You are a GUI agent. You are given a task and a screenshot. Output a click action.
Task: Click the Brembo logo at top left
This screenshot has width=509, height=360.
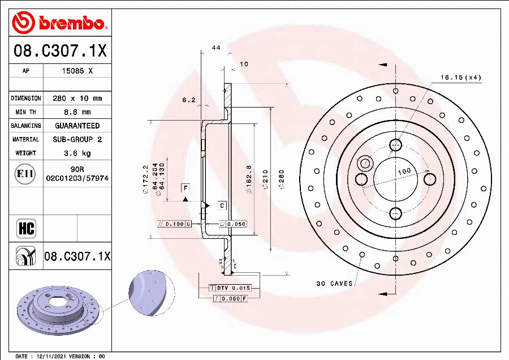[x=59, y=23]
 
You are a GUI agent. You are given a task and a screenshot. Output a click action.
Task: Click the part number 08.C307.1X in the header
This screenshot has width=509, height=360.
[x=60, y=52]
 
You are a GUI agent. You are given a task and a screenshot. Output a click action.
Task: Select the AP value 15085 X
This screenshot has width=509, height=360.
[x=77, y=71]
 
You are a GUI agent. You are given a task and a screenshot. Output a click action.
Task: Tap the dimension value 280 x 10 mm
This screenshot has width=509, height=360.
[x=77, y=98]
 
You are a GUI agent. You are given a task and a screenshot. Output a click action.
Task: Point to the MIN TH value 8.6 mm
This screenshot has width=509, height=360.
[x=77, y=112]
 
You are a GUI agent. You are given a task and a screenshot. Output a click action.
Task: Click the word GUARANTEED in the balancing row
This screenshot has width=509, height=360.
[x=77, y=126]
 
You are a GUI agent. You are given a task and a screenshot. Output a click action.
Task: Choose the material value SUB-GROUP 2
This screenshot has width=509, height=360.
[x=77, y=139]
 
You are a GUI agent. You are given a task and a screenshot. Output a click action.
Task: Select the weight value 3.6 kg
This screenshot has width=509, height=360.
[x=77, y=153]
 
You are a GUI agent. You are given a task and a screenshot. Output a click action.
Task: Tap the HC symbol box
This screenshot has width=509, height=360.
[x=27, y=229]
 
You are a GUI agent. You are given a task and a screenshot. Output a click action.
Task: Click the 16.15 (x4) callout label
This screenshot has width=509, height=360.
[x=461, y=78]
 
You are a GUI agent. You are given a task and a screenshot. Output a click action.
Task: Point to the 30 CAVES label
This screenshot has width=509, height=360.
[x=334, y=284]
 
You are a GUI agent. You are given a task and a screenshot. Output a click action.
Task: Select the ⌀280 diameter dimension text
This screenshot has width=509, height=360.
[x=281, y=181]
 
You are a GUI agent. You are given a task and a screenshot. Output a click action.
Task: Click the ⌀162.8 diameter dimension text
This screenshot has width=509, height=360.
[x=249, y=181]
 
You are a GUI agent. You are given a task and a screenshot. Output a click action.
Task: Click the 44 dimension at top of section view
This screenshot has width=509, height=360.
[x=215, y=48]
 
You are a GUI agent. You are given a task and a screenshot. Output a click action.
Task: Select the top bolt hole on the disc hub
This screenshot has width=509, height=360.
[x=394, y=145]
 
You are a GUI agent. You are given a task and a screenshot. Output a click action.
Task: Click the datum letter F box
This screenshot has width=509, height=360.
[x=185, y=187]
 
